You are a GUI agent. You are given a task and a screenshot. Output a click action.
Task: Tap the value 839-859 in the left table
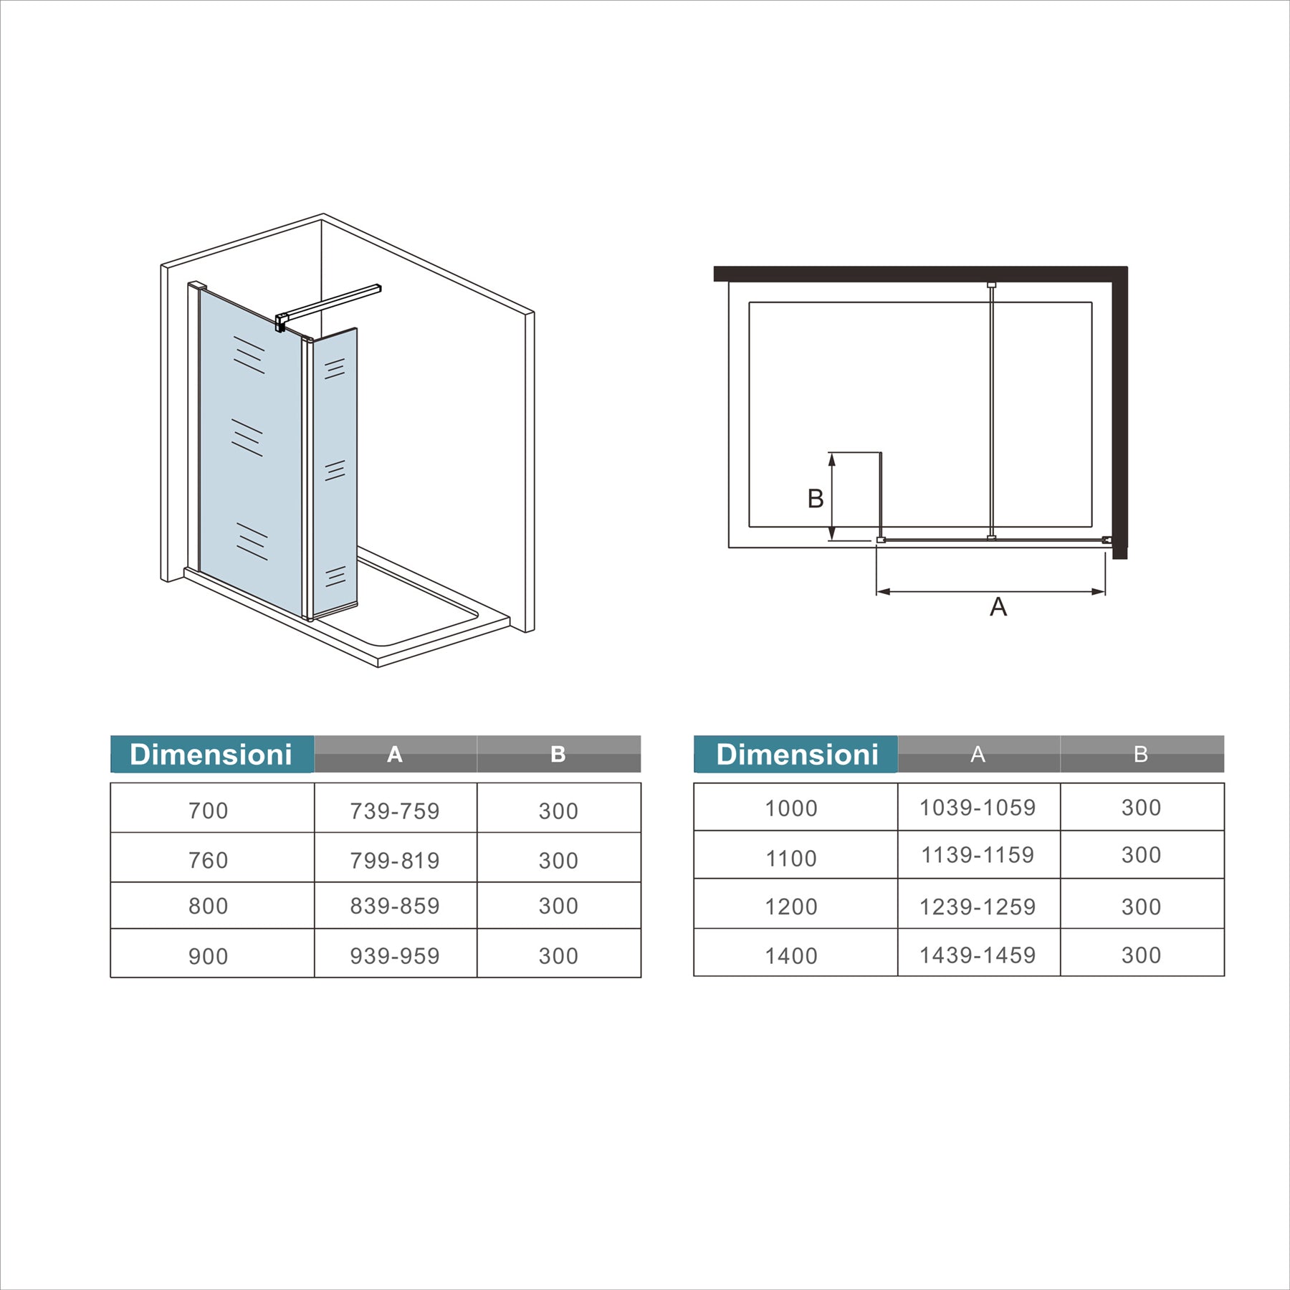pos(395,906)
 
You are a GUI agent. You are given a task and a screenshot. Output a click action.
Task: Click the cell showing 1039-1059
pos(978,808)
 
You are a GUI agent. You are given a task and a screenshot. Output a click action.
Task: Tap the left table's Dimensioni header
pos(211,754)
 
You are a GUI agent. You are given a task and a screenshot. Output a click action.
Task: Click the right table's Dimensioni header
pos(797,754)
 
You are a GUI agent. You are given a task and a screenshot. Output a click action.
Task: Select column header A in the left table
pos(395,754)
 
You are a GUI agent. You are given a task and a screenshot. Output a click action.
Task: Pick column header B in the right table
pos(1141,754)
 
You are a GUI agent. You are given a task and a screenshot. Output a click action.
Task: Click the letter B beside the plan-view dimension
pos(816,499)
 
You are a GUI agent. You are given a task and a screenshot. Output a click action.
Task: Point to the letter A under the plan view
pos(998,607)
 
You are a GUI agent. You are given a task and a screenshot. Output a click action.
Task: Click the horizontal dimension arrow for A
pos(991,592)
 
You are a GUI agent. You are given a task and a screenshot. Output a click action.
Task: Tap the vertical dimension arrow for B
pos(832,496)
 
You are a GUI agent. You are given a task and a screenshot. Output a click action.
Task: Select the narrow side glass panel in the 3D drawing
pos(335,472)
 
